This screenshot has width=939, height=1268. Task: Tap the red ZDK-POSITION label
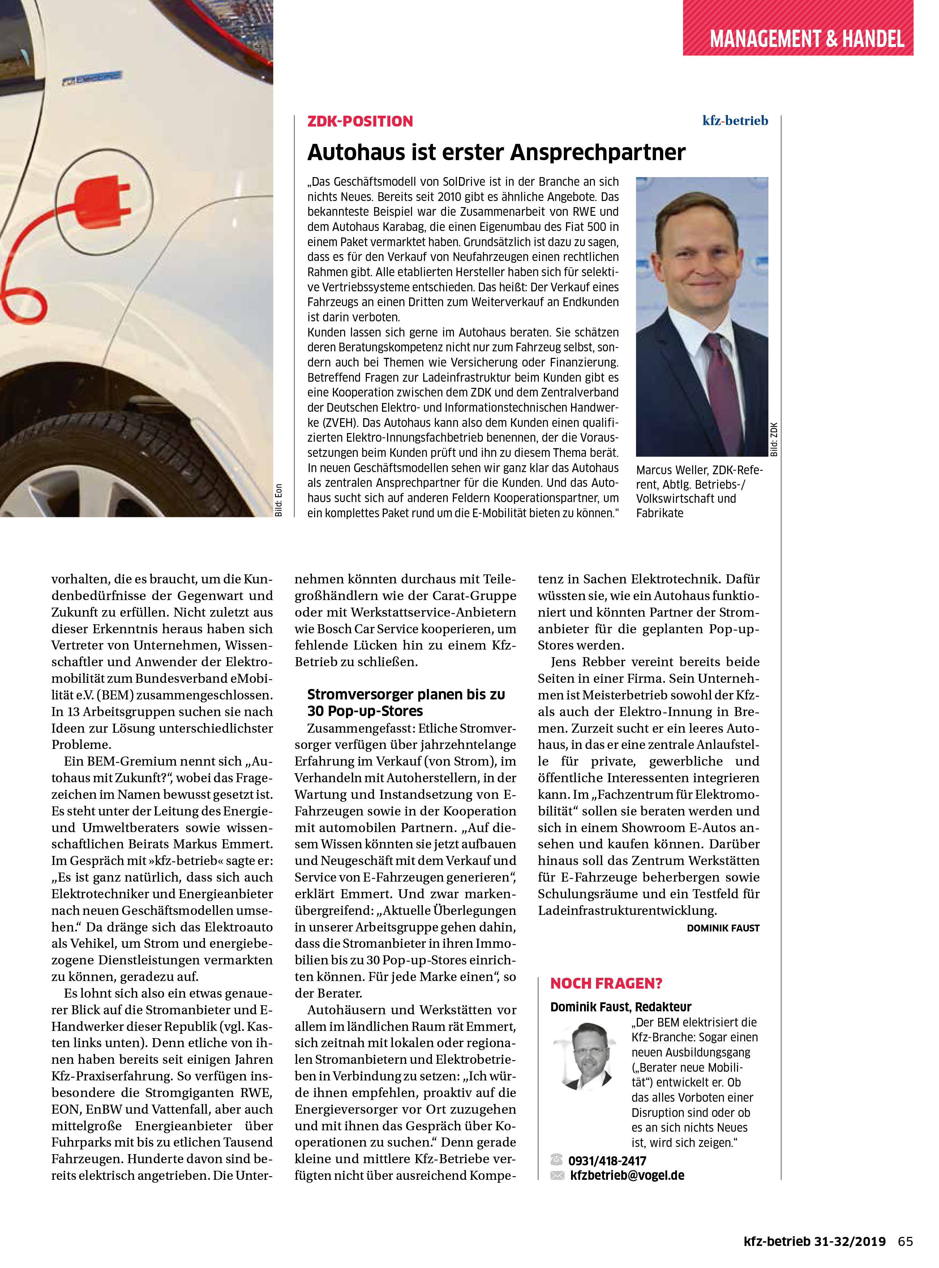tap(360, 121)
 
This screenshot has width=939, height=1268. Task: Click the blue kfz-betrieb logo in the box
tap(735, 120)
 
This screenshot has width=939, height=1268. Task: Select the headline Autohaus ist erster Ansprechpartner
tap(496, 152)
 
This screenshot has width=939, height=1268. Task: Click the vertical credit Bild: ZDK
tap(773, 439)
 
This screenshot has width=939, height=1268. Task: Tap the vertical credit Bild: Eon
tap(279, 500)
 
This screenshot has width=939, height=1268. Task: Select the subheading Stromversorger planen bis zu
tap(406, 694)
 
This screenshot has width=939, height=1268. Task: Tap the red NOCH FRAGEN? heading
tap(606, 983)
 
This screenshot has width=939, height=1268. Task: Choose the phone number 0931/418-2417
tap(607, 1161)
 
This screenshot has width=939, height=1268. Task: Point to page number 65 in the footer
tap(905, 1241)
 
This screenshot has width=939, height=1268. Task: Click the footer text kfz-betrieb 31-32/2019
tap(814, 1241)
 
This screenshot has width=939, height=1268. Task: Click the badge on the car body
tap(91, 78)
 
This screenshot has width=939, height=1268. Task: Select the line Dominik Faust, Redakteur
tap(621, 1007)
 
